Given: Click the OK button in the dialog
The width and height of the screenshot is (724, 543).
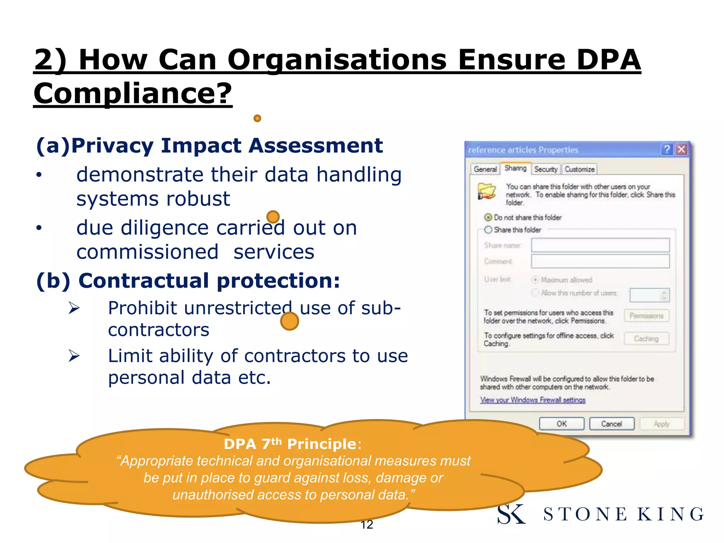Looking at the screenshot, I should tap(561, 424).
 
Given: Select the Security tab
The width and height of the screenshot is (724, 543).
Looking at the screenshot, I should tap(545, 169).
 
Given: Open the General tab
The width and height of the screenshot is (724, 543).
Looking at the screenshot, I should tap(485, 169).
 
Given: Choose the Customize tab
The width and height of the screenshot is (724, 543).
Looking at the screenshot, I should tap(579, 169).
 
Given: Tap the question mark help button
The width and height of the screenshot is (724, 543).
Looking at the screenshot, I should tap(667, 150).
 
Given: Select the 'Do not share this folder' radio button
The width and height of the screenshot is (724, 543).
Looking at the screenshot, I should tap(488, 217).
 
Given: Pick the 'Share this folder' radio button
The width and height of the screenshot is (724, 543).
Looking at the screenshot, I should tap(488, 230).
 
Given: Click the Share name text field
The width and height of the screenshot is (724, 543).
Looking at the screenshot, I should tap(600, 245).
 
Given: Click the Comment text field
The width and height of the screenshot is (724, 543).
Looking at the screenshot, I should tap(600, 261).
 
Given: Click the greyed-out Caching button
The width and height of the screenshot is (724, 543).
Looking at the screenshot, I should tap(646, 339).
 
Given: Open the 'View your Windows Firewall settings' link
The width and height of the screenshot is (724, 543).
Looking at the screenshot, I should tap(532, 400).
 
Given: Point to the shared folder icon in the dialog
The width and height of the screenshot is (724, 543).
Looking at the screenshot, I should tap(486, 191).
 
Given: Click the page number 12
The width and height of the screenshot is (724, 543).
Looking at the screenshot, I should tap(367, 525).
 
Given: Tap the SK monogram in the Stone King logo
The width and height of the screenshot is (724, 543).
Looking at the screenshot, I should tap(511, 514).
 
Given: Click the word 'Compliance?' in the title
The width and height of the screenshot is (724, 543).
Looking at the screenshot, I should tap(133, 93).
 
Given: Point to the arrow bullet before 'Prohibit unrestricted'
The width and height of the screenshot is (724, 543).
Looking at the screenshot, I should tap(74, 308).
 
